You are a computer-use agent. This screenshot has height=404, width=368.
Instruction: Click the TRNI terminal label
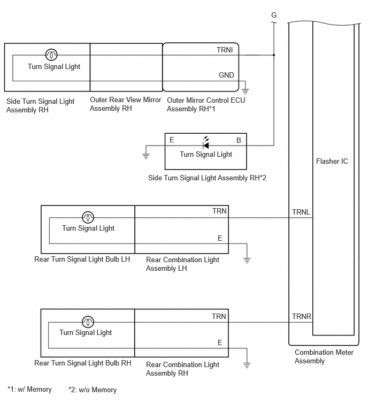pyautogui.click(x=225, y=50)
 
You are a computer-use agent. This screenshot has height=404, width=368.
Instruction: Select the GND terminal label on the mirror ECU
pyautogui.click(x=226, y=75)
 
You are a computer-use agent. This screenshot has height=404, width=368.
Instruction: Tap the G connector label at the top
pyautogui.click(x=274, y=15)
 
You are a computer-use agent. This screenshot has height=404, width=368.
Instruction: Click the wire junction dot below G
pyautogui.click(x=274, y=55)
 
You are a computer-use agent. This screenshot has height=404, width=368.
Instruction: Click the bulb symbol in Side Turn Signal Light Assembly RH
pyautogui.click(x=51, y=55)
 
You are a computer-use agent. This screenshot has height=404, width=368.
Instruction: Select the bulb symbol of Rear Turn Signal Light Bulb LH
pyautogui.click(x=88, y=217)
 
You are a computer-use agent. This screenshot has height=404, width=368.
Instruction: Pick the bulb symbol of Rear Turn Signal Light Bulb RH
pyautogui.click(x=88, y=322)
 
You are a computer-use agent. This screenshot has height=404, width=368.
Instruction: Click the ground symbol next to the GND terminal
pyautogui.click(x=245, y=91)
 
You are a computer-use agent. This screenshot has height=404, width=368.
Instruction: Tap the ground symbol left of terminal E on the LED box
pyautogui.click(x=146, y=156)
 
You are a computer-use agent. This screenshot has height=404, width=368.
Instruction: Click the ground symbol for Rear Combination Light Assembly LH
pyautogui.click(x=247, y=260)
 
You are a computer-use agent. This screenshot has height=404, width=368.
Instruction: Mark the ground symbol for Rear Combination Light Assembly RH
pyautogui.click(x=247, y=365)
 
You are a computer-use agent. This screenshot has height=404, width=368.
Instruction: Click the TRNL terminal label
pyautogui.click(x=301, y=212)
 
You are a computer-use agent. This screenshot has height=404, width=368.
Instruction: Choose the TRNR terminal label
pyautogui.click(x=302, y=316)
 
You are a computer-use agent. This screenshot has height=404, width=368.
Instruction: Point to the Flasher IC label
pyautogui.click(x=332, y=161)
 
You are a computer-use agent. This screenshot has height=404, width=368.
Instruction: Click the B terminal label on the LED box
pyautogui.click(x=239, y=140)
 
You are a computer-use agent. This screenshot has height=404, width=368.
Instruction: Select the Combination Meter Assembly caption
pyautogui.click(x=324, y=356)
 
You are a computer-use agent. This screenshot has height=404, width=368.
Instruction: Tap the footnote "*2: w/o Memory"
pyautogui.click(x=93, y=390)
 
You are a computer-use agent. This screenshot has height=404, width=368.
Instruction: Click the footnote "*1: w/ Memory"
pyautogui.click(x=29, y=389)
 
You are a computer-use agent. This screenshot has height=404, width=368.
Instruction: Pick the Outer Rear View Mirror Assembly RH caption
pyautogui.click(x=125, y=104)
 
